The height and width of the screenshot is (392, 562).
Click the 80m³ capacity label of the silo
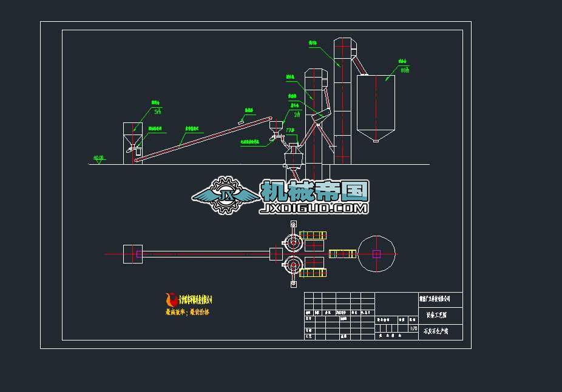pos(405,70)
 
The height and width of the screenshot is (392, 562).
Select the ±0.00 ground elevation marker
pos(98,158)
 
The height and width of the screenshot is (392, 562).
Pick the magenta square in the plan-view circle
pos(376,254)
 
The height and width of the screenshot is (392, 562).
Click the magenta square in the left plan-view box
pos(139,254)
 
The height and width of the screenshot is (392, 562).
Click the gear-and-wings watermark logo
pos(225,196)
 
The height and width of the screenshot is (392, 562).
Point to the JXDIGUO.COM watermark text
pos(314,208)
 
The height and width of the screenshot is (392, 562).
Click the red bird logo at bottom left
pos(171,299)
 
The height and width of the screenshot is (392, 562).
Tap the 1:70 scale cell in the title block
pos(414,329)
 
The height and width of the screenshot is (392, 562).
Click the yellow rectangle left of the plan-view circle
pos(342,254)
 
